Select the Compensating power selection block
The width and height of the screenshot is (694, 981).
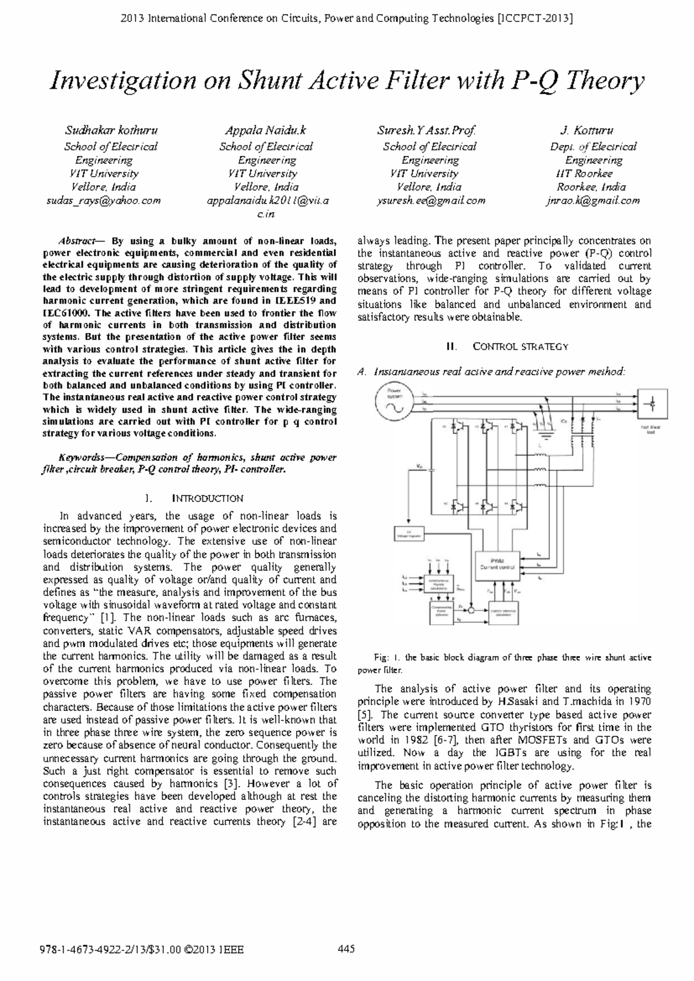click(x=442, y=613)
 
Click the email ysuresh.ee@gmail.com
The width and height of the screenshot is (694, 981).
click(x=431, y=201)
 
